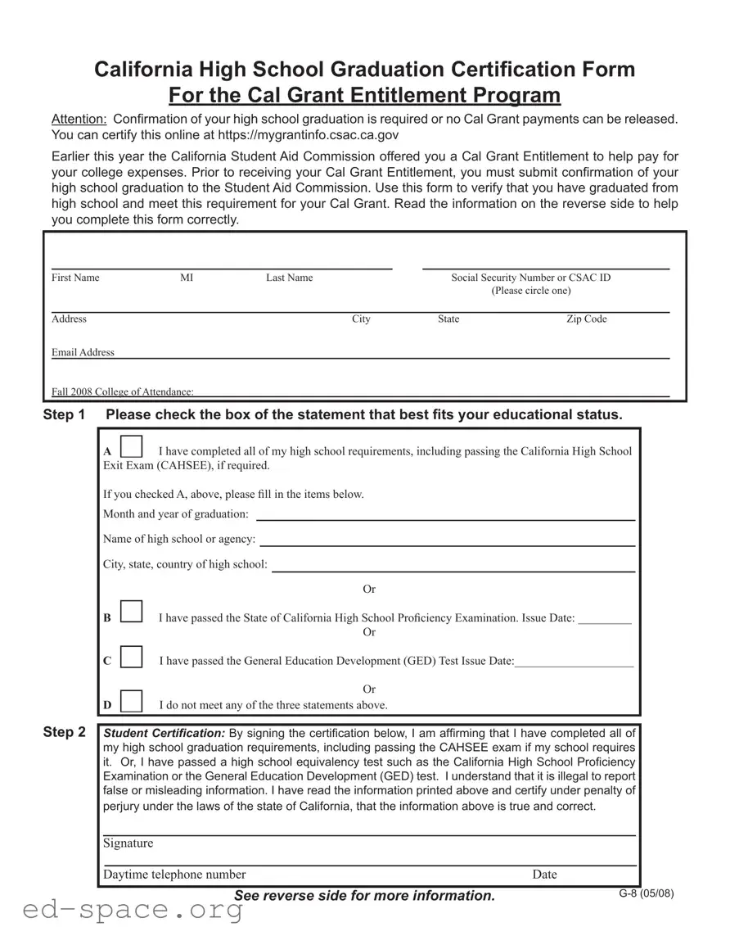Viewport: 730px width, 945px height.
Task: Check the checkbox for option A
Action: [131, 447]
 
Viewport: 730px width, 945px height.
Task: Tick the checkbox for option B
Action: [131, 612]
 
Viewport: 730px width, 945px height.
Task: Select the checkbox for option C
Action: [131, 657]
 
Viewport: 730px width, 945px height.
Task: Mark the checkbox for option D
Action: [131, 700]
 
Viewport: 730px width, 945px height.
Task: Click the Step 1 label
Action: [64, 415]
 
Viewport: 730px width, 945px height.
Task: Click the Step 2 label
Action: [64, 732]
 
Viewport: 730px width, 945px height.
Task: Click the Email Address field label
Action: [83, 352]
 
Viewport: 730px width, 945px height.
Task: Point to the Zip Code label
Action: [587, 319]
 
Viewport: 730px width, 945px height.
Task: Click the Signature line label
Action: [128, 843]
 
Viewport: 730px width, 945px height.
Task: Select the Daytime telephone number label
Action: [174, 875]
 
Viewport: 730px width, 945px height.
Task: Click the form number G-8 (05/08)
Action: [647, 893]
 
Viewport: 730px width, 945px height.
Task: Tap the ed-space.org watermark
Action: [123, 910]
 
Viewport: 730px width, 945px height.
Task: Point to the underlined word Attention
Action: [79, 119]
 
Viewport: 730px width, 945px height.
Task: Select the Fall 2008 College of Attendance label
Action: [123, 392]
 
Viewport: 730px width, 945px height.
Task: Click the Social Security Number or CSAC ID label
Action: [531, 278]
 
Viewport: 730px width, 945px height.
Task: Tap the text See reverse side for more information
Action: [364, 896]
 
